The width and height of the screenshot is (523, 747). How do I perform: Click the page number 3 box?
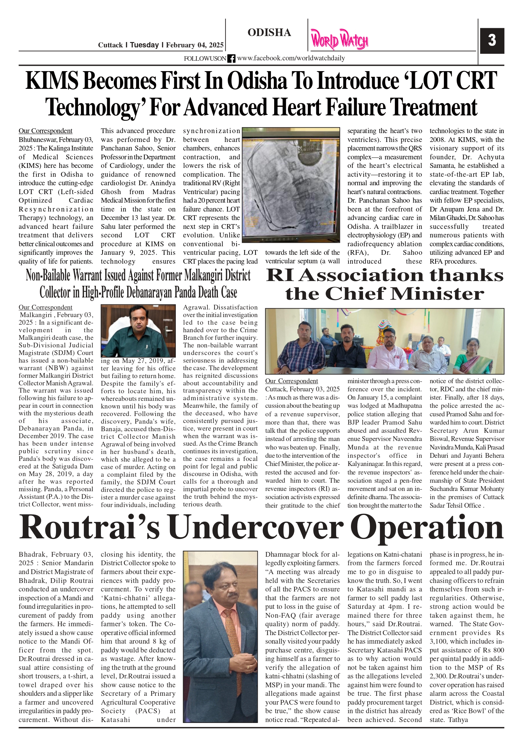tap(492, 40)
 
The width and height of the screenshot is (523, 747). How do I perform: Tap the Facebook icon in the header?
tap(231, 58)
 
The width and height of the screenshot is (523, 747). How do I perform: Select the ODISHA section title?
tap(269, 33)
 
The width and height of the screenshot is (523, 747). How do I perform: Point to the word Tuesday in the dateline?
tap(144, 45)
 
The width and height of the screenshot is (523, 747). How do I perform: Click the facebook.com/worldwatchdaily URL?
tap(291, 58)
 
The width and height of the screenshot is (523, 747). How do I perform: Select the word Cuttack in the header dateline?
tap(110, 45)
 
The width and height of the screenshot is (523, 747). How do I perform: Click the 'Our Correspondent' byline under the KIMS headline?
tap(45, 131)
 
